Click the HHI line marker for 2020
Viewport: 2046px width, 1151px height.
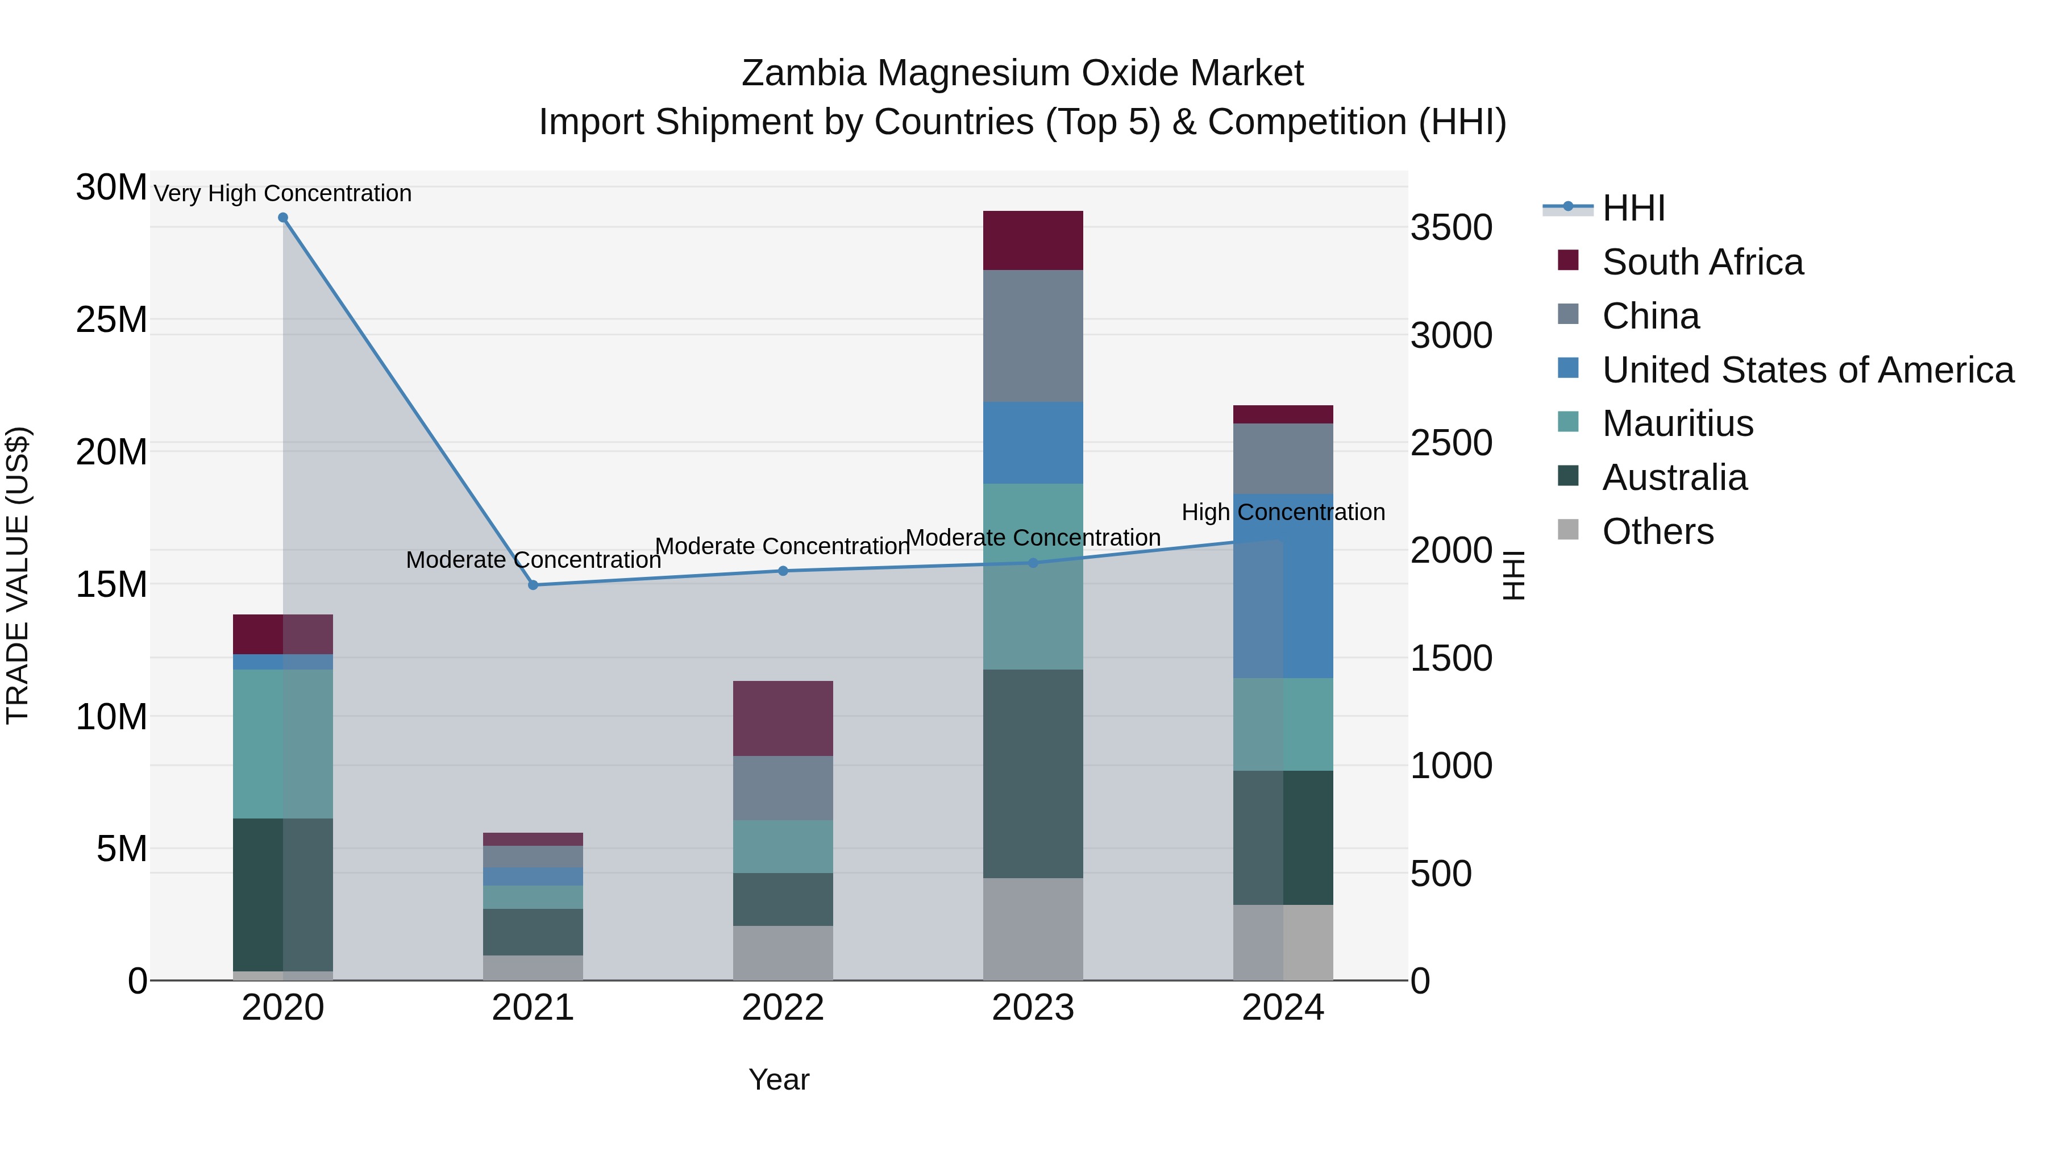pos(283,218)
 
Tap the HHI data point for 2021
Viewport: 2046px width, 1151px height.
pos(533,585)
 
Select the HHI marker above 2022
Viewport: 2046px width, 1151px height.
pos(783,571)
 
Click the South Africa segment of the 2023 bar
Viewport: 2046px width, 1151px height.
pos(1033,240)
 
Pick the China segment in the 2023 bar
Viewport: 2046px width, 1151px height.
pos(1033,336)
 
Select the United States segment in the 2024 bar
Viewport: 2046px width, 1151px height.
pos(1283,586)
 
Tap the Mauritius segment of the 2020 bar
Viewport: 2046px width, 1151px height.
pos(283,743)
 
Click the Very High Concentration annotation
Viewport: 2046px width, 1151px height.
pos(283,194)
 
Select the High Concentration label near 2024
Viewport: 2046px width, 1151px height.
pos(1283,512)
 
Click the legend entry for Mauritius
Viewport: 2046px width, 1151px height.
pos(1678,423)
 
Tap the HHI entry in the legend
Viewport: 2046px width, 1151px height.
pos(1633,208)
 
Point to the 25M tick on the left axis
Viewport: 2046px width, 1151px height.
pos(111,320)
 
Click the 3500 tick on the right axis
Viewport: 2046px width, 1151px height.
pos(1451,228)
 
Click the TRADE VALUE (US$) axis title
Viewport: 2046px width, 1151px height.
pos(18,575)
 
